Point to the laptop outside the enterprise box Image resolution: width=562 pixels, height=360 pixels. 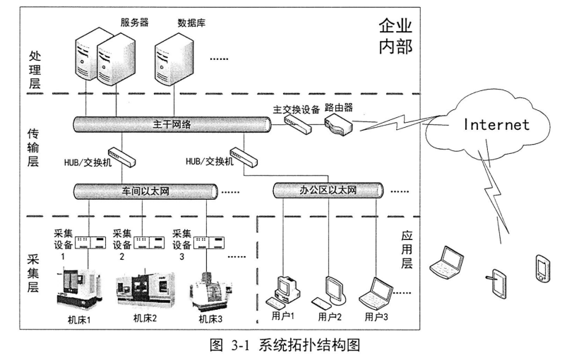(x=446, y=259)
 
